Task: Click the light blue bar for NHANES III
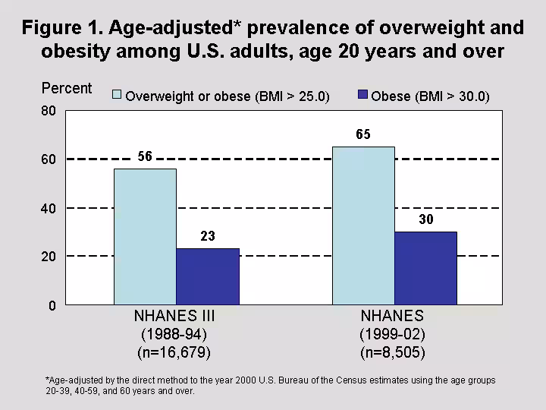tap(145, 236)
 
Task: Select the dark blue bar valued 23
tap(207, 276)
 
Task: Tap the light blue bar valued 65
tap(363, 225)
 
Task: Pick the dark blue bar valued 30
tap(425, 268)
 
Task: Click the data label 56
tap(145, 157)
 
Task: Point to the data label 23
tap(207, 237)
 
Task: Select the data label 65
tap(363, 135)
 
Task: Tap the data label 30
tap(425, 220)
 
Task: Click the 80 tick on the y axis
tap(49, 111)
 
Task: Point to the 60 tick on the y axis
tap(49, 159)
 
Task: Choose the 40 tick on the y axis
tap(49, 208)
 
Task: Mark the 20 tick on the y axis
tap(49, 257)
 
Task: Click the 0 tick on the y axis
tap(52, 305)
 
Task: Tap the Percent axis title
tap(67, 88)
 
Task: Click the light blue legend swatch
tap(117, 95)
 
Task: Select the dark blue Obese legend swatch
tap(362, 95)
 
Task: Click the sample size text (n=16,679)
tap(174, 352)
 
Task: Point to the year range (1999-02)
tap(393, 334)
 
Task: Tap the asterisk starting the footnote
tap(47, 380)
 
